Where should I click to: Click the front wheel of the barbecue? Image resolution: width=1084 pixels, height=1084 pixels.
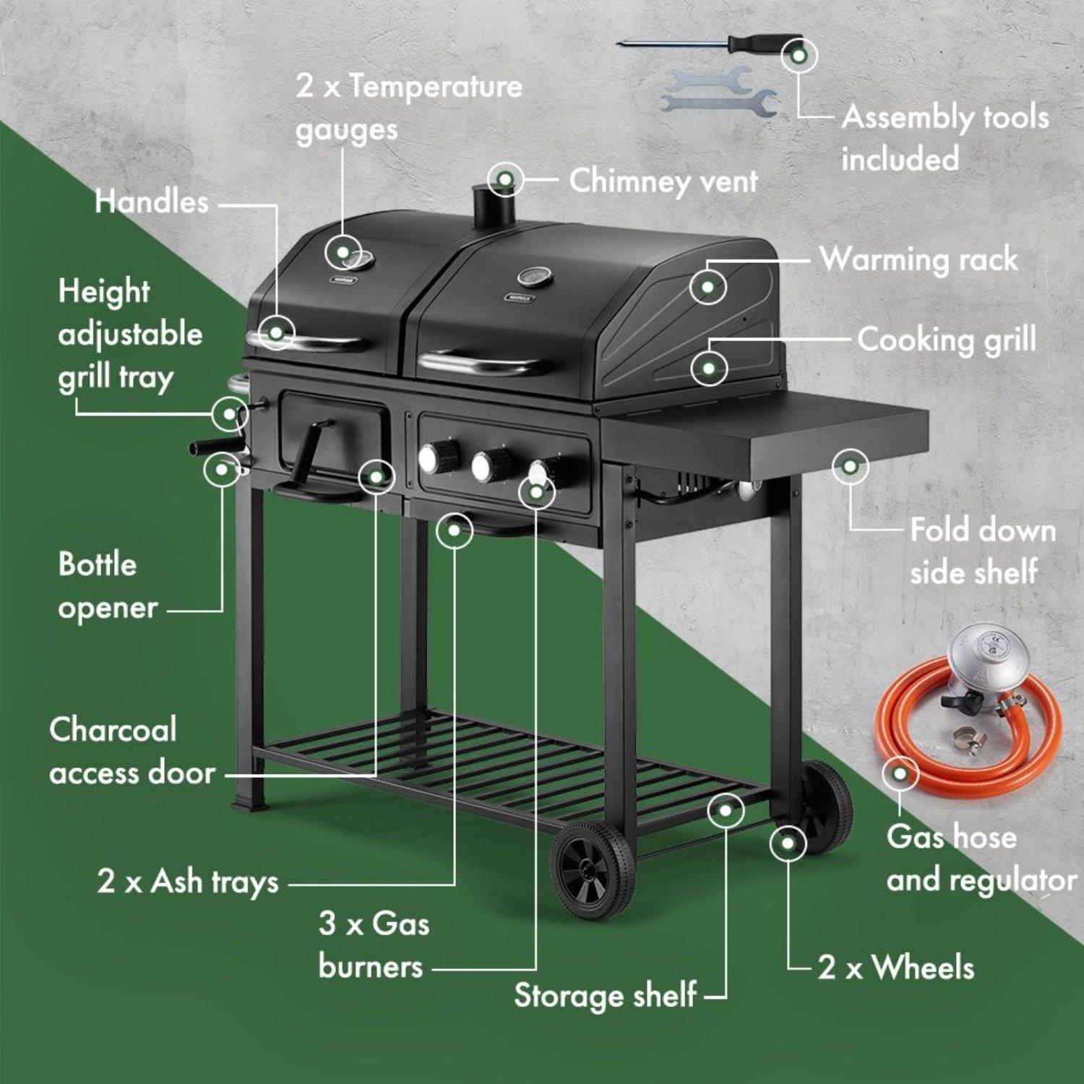tap(593, 870)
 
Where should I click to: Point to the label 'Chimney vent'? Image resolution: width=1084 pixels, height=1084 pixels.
tap(663, 181)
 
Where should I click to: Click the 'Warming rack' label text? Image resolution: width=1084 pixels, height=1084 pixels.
tap(919, 259)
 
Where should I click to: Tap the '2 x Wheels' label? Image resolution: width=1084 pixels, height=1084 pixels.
tap(896, 967)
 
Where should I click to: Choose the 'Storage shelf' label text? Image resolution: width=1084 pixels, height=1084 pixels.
tap(606, 995)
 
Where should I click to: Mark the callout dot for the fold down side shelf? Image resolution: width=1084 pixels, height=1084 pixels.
tap(851, 466)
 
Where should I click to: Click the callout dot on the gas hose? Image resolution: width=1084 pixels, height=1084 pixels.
tap(900, 774)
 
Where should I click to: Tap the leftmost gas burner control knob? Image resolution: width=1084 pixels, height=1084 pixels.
tap(433, 457)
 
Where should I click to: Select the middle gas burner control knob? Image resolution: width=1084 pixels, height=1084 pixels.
tap(486, 465)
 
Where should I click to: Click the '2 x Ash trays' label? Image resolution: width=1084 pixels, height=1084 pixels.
tap(188, 882)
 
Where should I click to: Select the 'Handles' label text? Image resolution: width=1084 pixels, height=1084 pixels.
tap(152, 202)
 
